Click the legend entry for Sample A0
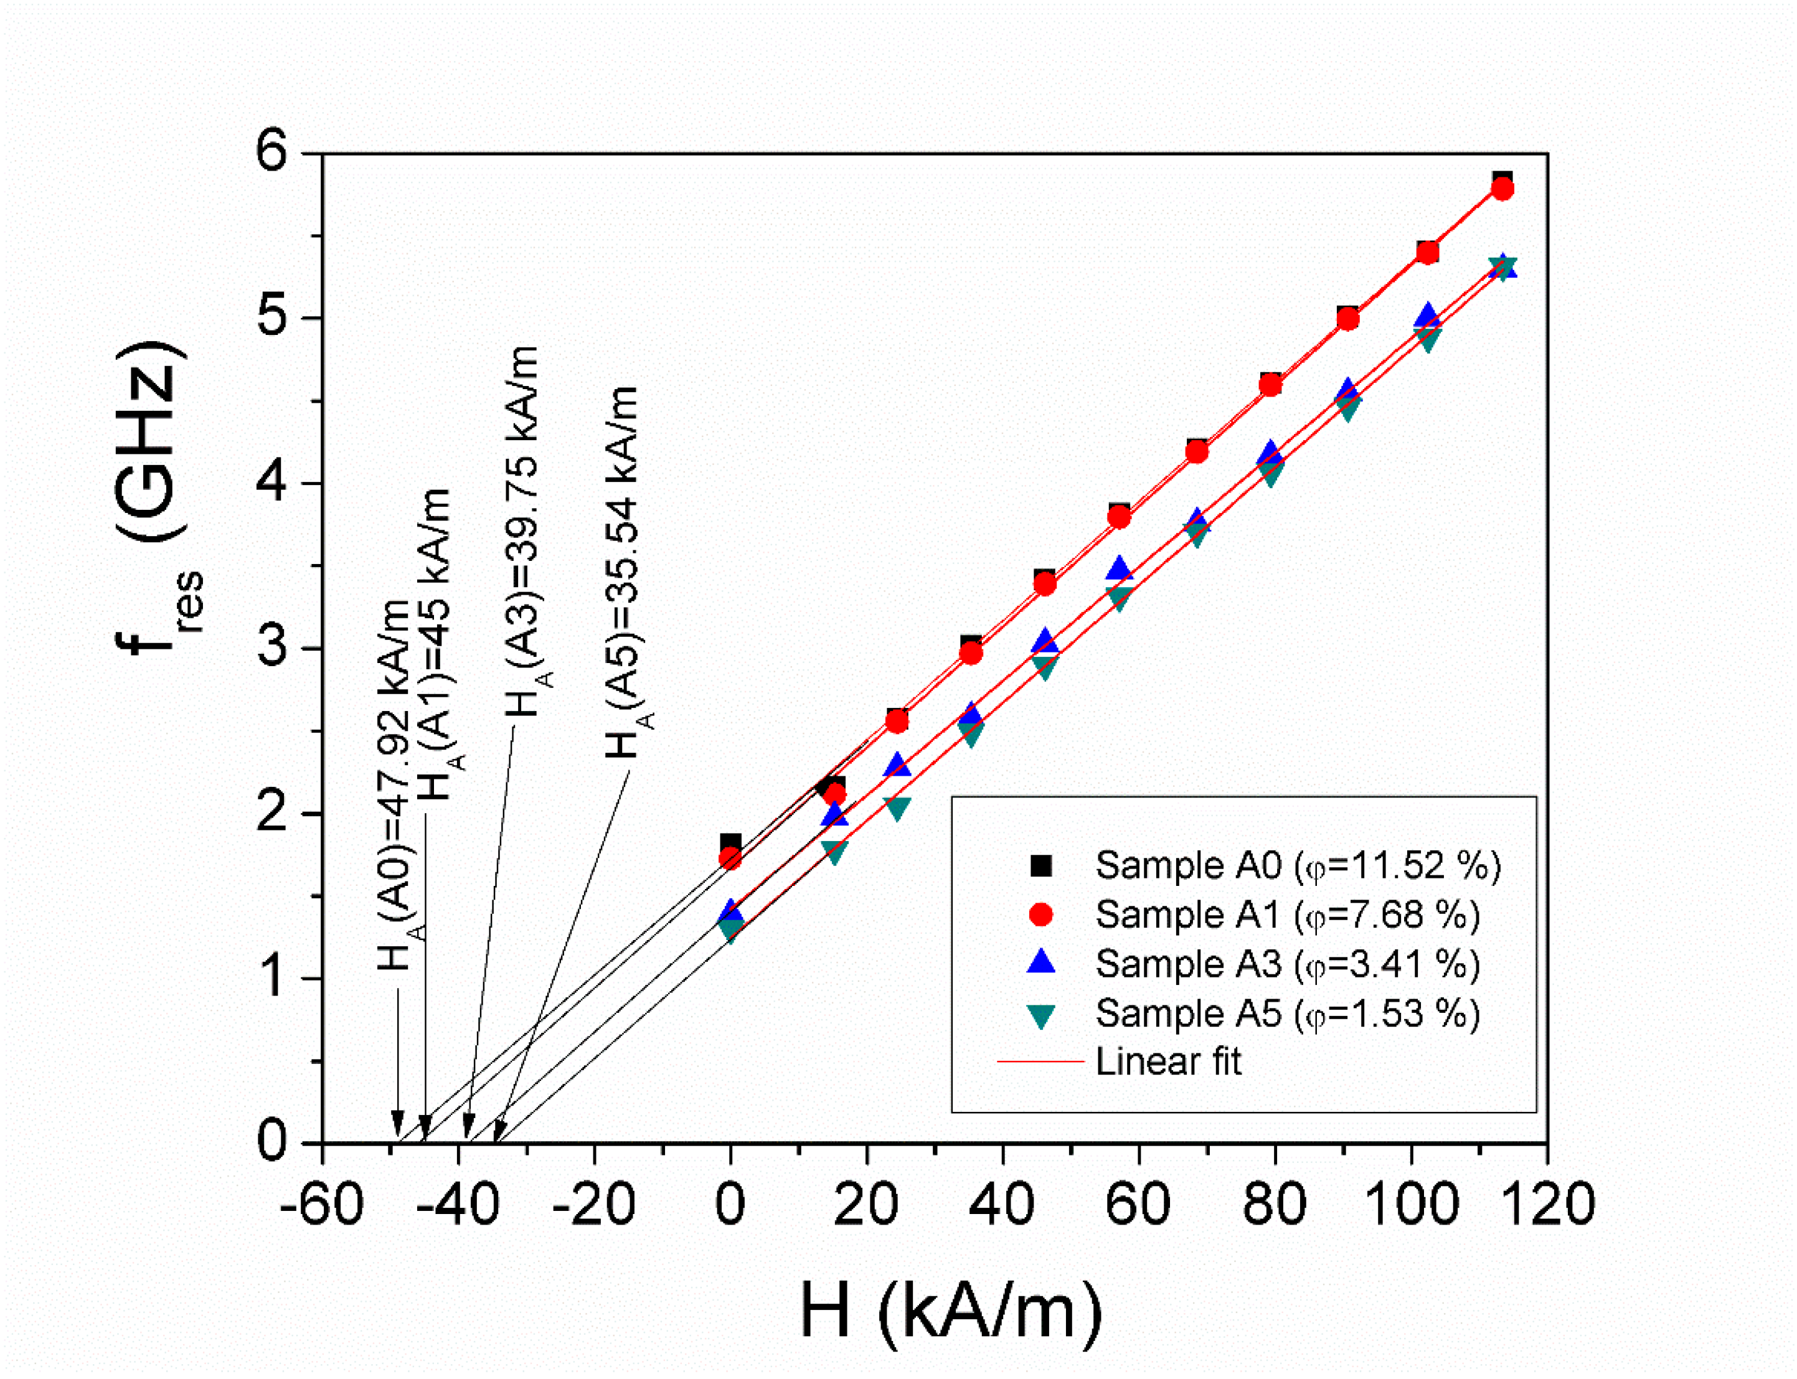click(1297, 866)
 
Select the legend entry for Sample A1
click(1286, 915)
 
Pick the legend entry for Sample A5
click(1286, 1014)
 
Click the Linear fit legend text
click(1167, 1062)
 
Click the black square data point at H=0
click(730, 843)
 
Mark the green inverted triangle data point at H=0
click(730, 930)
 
